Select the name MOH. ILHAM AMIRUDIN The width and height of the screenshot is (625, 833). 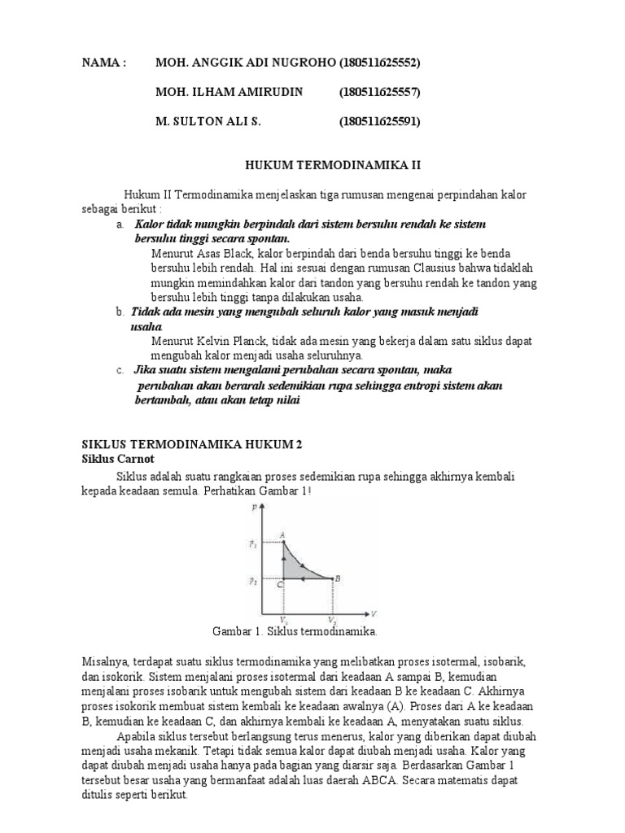(x=229, y=92)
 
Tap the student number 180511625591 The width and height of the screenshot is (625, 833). (x=379, y=121)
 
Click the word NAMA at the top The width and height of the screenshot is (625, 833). (x=104, y=63)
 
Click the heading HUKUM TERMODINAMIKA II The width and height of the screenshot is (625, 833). (x=334, y=164)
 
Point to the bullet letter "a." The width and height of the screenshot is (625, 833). (x=120, y=224)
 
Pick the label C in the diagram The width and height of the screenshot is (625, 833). (x=279, y=584)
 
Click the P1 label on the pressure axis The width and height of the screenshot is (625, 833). (x=254, y=545)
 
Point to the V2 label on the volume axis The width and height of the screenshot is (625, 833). (x=332, y=621)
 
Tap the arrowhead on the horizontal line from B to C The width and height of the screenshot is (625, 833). (x=304, y=579)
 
